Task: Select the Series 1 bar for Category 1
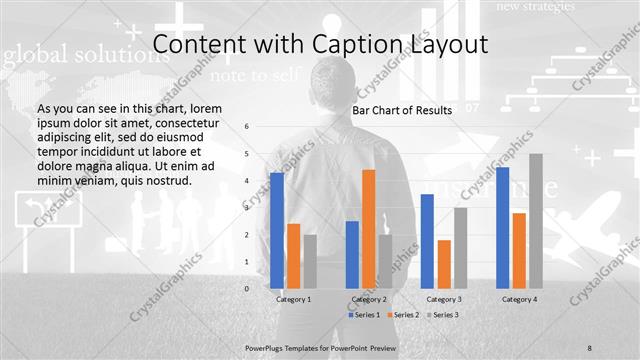click(276, 230)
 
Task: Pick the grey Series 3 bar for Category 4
click(535, 221)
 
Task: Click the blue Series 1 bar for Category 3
click(427, 241)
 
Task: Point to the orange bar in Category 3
click(443, 264)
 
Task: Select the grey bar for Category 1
click(309, 262)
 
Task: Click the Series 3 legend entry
click(441, 315)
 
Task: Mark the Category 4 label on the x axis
click(519, 299)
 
